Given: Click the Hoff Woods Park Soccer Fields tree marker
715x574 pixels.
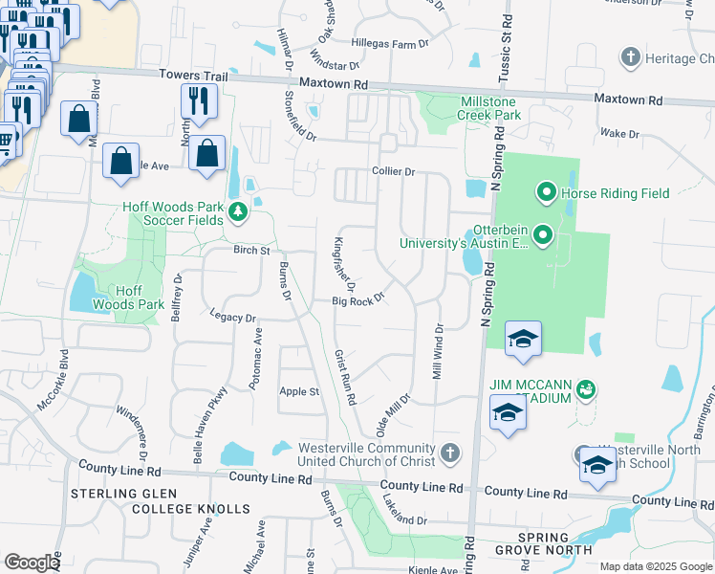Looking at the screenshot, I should coord(237,211).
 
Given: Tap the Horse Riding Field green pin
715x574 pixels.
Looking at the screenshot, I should coord(547,193).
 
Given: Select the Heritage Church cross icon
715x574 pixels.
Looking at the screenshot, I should coord(630,58).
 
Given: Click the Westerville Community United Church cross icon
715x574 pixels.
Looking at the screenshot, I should coord(450,451).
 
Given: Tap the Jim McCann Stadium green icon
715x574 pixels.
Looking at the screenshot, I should coord(585,390).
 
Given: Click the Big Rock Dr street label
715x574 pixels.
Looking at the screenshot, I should coord(357,300).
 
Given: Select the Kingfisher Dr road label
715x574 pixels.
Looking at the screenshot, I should coord(344,264).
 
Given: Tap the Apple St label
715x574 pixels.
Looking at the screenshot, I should coord(298,391).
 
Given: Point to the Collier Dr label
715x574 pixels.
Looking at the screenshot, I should coord(393,172).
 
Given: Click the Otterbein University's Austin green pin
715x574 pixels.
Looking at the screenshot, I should coord(542,234).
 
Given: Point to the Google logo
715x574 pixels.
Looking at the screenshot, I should coord(32,563).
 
